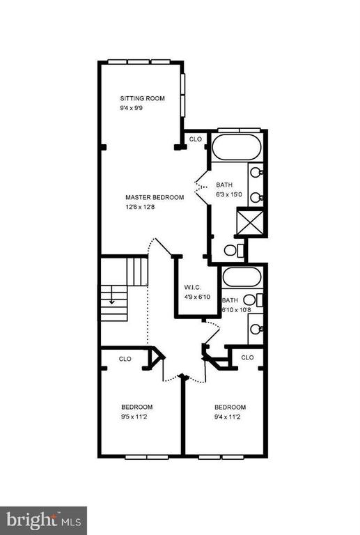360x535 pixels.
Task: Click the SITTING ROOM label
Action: (142, 98)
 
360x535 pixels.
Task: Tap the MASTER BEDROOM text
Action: (155, 197)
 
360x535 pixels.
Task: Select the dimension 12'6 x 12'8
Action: (140, 207)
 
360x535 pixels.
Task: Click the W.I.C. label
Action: (192, 287)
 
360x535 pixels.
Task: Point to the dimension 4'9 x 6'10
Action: (197, 297)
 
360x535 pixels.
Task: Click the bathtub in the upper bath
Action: (237, 147)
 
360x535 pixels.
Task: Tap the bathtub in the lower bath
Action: (242, 277)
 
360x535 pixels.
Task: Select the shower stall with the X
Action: (250, 222)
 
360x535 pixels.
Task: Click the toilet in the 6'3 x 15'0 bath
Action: (235, 250)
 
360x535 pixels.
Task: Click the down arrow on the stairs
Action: (111, 299)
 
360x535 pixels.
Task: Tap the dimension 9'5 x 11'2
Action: (134, 417)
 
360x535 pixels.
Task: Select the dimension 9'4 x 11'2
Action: (228, 417)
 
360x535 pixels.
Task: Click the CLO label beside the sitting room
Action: (196, 139)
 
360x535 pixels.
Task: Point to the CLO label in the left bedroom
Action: (125, 359)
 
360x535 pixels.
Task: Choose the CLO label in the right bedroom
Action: (247, 357)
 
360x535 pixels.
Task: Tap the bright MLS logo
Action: (43, 520)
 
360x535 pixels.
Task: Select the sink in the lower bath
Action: (256, 329)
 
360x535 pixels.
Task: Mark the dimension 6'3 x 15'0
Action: (229, 194)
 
